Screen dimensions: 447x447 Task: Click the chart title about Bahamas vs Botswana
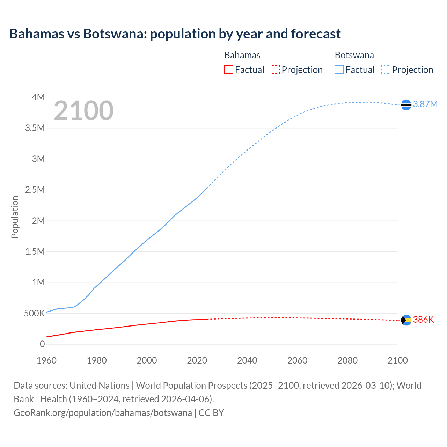pyautogui.click(x=175, y=34)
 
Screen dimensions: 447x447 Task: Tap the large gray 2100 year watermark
pyautogui.click(x=83, y=111)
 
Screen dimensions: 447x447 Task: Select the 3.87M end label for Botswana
pyautogui.click(x=425, y=104)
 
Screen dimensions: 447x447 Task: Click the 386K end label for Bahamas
pyautogui.click(x=423, y=320)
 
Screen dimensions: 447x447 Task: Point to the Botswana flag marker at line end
pyautogui.click(x=406, y=104)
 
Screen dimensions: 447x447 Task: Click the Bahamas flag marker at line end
pyautogui.click(x=406, y=320)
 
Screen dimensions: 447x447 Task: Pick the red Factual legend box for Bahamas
pyautogui.click(x=229, y=69)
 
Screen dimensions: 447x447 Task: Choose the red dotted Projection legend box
pyautogui.click(x=275, y=69)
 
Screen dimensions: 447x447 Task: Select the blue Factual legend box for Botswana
pyautogui.click(x=339, y=69)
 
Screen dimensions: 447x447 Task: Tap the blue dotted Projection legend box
pyautogui.click(x=386, y=69)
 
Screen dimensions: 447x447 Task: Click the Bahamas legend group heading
pyautogui.click(x=242, y=55)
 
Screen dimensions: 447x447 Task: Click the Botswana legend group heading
pyautogui.click(x=354, y=55)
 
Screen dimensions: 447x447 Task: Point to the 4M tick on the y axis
pyautogui.click(x=38, y=97)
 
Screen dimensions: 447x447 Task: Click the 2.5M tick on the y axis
pyautogui.click(x=35, y=190)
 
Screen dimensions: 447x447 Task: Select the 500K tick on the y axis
pyautogui.click(x=34, y=313)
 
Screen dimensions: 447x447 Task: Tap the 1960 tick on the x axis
pyautogui.click(x=46, y=360)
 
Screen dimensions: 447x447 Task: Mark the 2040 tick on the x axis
pyautogui.click(x=247, y=360)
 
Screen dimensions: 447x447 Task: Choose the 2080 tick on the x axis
pyautogui.click(x=347, y=360)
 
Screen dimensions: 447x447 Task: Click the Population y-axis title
pyautogui.click(x=15, y=217)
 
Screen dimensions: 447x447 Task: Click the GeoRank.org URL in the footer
pyautogui.click(x=103, y=412)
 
